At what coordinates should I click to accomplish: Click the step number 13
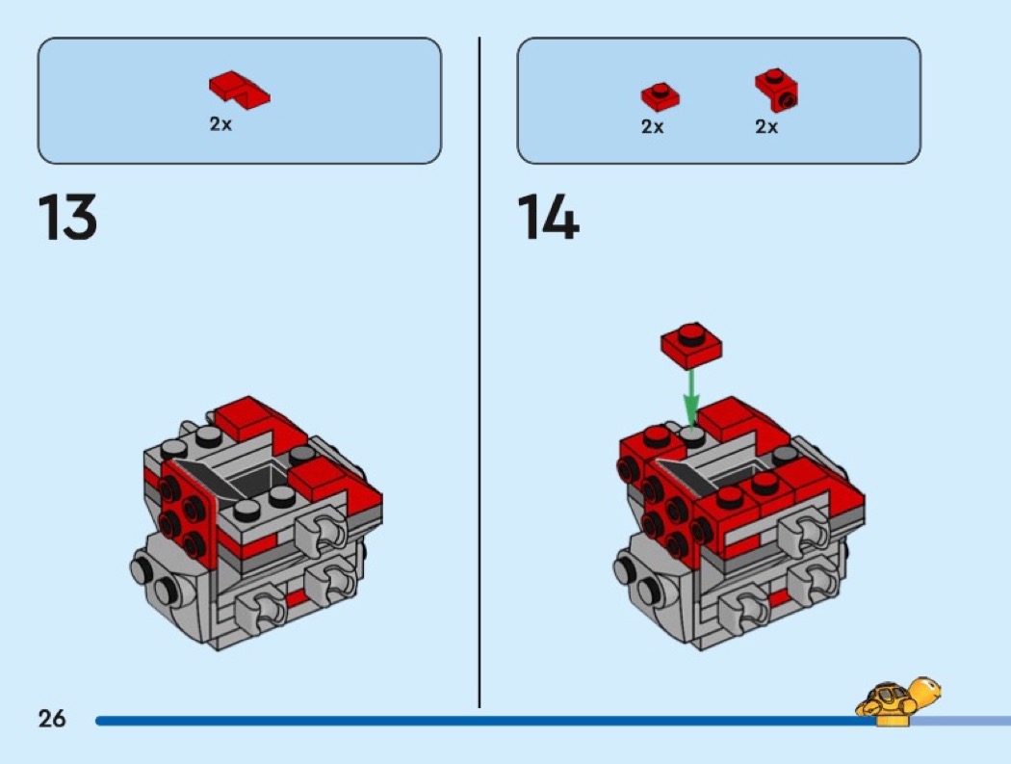67,217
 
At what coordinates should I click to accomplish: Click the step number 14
548,217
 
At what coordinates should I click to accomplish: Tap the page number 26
52,718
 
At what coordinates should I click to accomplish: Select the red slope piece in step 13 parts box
239,90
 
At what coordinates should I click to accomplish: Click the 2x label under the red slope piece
220,124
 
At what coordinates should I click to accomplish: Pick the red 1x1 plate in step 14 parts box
660,96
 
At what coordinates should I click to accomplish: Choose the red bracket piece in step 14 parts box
776,89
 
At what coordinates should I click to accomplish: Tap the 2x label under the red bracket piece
766,126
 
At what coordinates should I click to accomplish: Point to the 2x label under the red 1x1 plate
653,126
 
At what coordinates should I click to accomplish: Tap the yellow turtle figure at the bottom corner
897,700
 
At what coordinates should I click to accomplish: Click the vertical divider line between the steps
480,372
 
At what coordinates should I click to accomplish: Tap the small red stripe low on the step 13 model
296,599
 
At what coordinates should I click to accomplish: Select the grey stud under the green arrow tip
692,436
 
